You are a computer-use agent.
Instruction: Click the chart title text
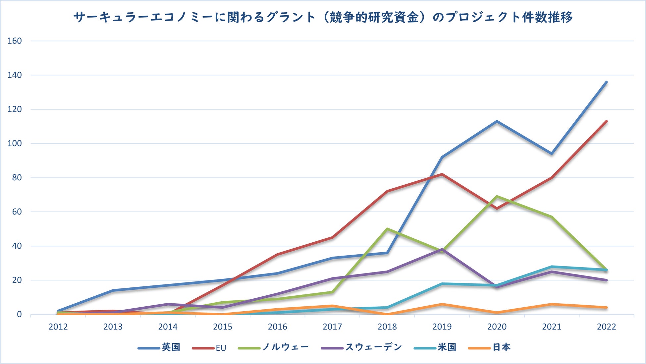(x=323, y=17)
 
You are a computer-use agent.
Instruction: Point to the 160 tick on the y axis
(x=15, y=41)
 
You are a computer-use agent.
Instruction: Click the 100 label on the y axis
(x=15, y=144)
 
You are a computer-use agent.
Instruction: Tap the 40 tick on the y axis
(x=16, y=246)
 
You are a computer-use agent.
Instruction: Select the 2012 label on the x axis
(x=58, y=327)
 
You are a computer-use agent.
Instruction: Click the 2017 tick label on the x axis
(x=332, y=327)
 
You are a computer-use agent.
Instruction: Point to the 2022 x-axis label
(x=606, y=327)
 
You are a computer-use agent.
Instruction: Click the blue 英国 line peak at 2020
(x=497, y=121)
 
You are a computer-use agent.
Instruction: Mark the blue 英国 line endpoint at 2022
(x=606, y=82)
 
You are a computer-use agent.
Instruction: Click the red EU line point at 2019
(x=442, y=174)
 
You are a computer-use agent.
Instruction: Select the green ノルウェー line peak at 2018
(x=387, y=229)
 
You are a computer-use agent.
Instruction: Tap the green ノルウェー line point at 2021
(x=552, y=217)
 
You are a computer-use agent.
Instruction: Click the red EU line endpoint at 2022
(x=606, y=121)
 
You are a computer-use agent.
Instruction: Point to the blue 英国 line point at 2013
(x=113, y=290)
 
